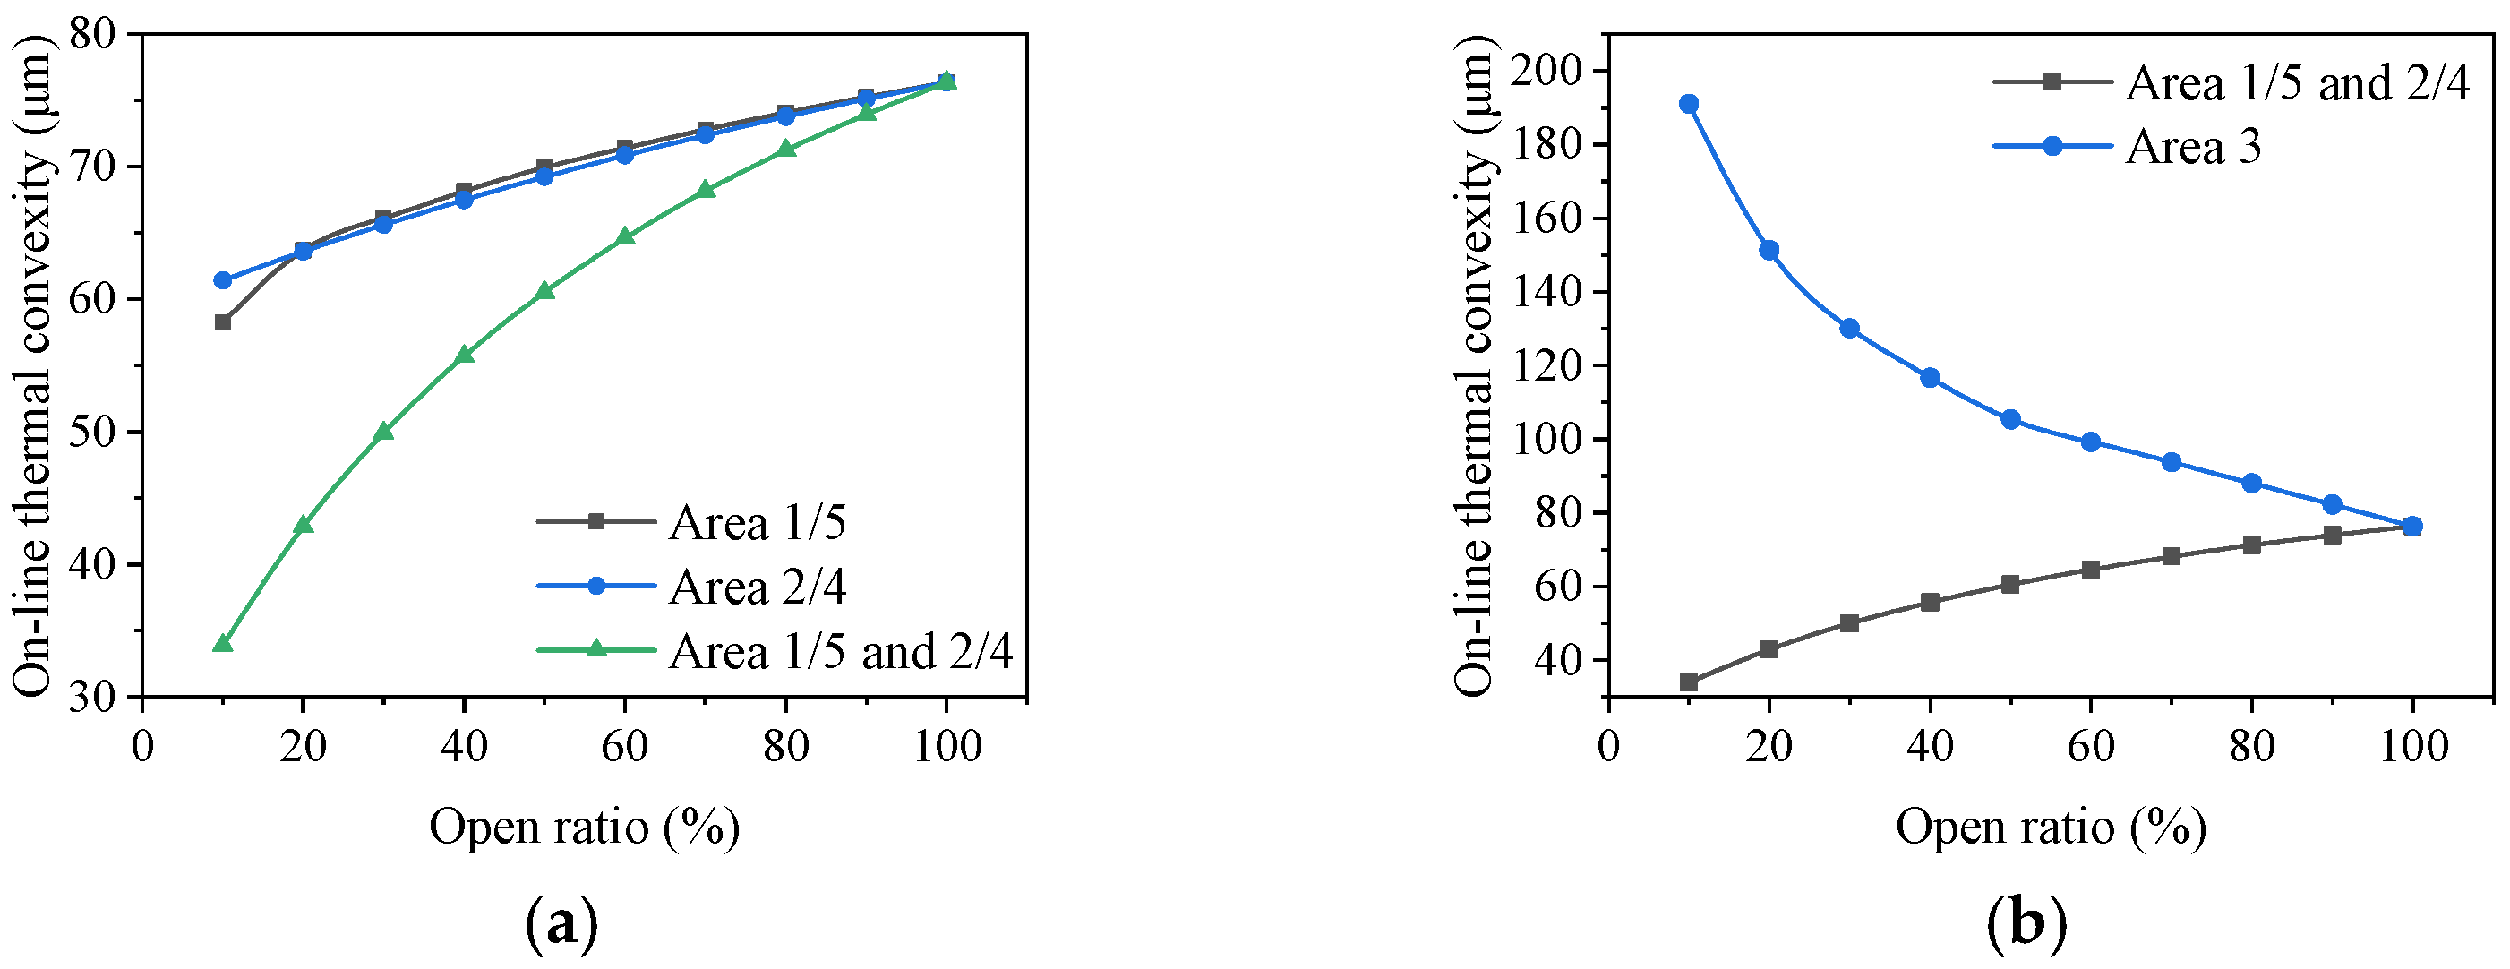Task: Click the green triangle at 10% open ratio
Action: pyautogui.click(x=222, y=643)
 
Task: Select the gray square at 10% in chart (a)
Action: pyautogui.click(x=222, y=322)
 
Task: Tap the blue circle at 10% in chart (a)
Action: pyautogui.click(x=222, y=279)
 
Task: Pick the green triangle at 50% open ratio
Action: pyautogui.click(x=544, y=290)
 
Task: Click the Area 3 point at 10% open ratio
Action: pyautogui.click(x=1689, y=104)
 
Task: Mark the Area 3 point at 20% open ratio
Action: pyautogui.click(x=1769, y=251)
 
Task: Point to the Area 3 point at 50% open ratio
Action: pyautogui.click(x=2010, y=420)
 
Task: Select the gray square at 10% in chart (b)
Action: pyautogui.click(x=1689, y=682)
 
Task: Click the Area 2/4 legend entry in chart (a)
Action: pyautogui.click(x=757, y=587)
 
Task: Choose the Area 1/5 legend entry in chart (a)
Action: pyautogui.click(x=757, y=524)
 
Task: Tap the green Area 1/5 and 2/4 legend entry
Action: pyautogui.click(x=840, y=651)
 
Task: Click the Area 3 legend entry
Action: pyautogui.click(x=2192, y=147)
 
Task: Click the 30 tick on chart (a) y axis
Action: pyautogui.click(x=91, y=698)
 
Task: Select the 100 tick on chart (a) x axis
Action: pyautogui.click(x=945, y=748)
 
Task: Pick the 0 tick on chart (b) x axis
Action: pyautogui.click(x=1608, y=748)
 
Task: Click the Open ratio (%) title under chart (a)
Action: pyautogui.click(x=585, y=828)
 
